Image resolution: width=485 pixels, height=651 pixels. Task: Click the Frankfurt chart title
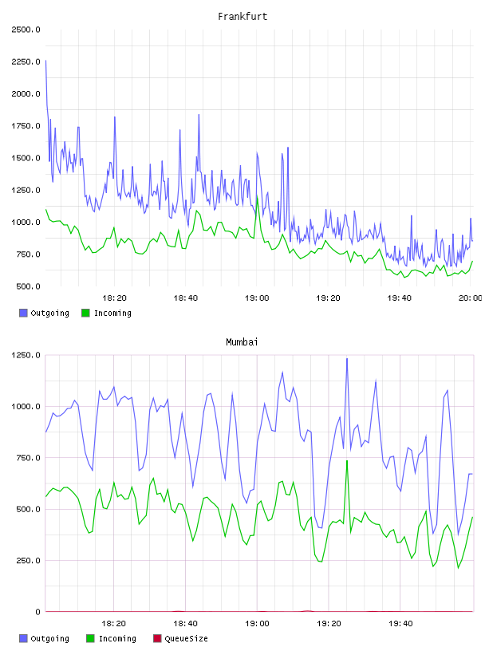[242, 17]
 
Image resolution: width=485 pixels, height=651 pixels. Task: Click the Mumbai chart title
[242, 342]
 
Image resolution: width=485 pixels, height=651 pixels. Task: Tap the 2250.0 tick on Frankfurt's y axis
[26, 62]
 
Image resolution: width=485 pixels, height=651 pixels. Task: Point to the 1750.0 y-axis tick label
[26, 126]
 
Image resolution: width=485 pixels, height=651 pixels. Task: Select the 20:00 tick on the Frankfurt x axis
[471, 298]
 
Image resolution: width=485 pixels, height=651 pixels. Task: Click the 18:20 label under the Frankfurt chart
[114, 298]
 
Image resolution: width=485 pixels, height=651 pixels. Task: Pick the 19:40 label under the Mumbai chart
[400, 624]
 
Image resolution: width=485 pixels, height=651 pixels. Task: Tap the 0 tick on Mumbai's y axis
[37, 612]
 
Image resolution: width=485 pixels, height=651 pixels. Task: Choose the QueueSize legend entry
[180, 638]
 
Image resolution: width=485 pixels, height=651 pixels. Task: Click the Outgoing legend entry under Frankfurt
[45, 313]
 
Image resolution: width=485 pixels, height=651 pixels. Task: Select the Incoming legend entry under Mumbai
[111, 638]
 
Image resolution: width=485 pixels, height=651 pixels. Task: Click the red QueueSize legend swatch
[157, 638]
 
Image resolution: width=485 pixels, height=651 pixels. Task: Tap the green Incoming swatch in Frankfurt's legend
[85, 313]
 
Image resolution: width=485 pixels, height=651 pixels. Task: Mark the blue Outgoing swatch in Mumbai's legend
[23, 638]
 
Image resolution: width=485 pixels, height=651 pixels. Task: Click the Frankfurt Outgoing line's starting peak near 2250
[45, 61]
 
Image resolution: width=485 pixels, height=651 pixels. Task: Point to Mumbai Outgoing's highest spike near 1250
[347, 359]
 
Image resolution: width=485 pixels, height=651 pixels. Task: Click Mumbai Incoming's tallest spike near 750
[347, 460]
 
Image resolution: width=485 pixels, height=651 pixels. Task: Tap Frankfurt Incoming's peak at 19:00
[257, 196]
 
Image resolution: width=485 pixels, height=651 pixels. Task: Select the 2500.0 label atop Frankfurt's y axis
[26, 30]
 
